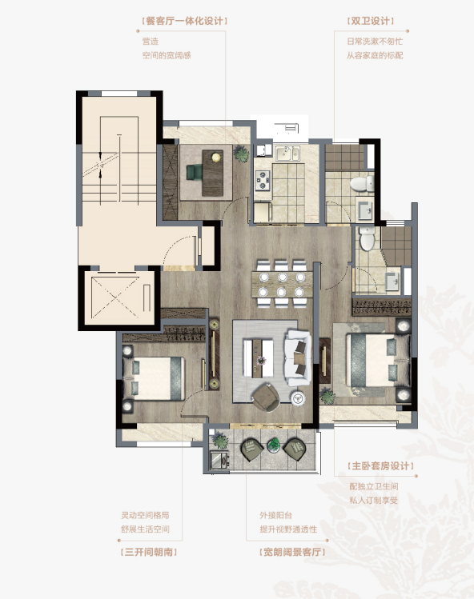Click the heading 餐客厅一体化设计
point(185,21)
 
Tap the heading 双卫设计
point(371,21)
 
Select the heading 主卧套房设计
point(380,466)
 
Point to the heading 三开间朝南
point(148,552)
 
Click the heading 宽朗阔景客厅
point(292,552)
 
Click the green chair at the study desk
point(195,172)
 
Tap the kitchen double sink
point(288,154)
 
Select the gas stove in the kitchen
point(263,180)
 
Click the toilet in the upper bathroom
point(362,184)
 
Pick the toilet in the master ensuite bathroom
point(367,238)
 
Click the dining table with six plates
point(282,284)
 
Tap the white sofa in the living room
point(298,358)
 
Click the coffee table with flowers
point(259,358)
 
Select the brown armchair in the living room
point(267,397)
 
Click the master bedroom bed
point(378,360)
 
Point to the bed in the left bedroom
point(154,378)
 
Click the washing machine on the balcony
point(219,460)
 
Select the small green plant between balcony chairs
point(274,445)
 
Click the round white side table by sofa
point(298,398)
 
